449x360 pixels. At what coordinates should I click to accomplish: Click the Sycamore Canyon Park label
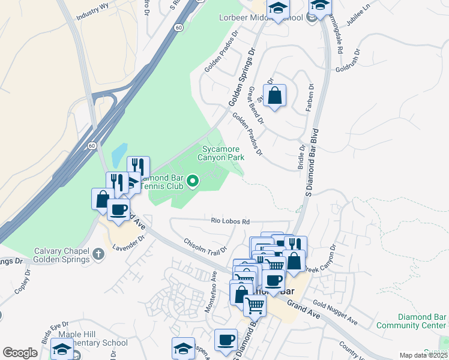tap(222, 153)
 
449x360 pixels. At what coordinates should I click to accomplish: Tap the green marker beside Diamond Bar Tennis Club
tap(193, 181)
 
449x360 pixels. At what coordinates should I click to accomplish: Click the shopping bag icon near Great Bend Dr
tap(274, 95)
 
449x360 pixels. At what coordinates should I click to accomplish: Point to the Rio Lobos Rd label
tap(230, 221)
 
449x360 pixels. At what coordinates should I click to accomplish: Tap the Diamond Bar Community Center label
tap(422, 321)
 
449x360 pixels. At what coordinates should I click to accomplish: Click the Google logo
tap(20, 353)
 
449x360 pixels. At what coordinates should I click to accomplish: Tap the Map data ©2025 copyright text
tap(423, 355)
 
